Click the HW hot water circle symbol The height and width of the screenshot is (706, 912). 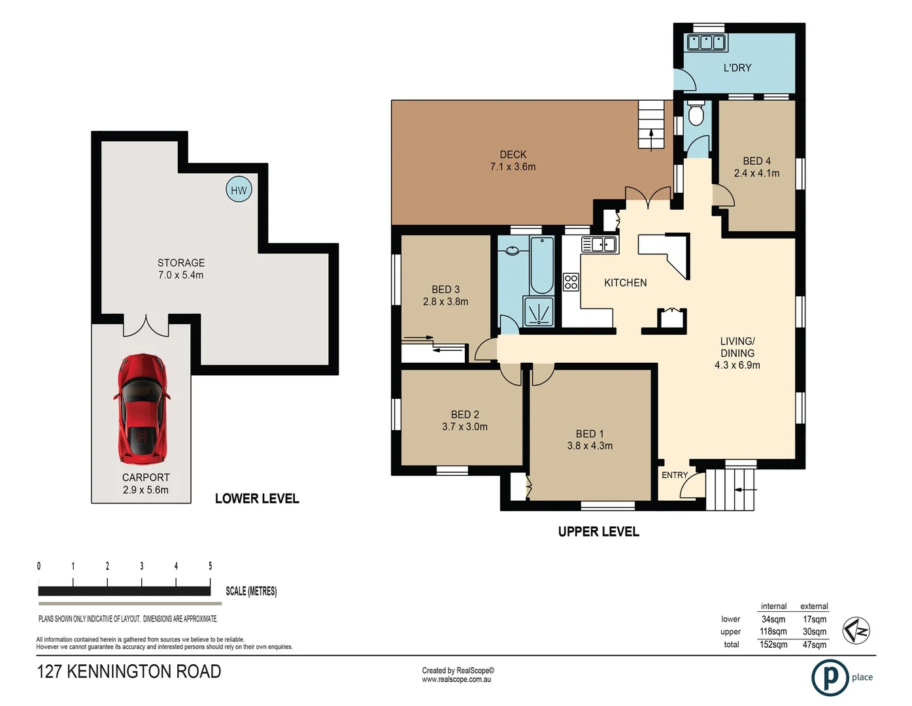point(239,190)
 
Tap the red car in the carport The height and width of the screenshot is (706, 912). point(142,409)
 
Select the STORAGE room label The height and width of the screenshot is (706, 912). point(181,263)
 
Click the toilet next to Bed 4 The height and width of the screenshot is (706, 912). point(696,114)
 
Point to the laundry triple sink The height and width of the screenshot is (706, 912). point(706,42)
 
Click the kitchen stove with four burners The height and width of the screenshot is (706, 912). point(571,282)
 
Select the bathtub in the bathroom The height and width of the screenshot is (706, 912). point(541,265)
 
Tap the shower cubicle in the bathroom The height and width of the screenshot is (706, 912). point(538,312)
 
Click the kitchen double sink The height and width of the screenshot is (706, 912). point(600,245)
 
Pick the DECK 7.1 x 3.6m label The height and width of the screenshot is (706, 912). point(513,161)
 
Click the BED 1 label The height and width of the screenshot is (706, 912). point(590,434)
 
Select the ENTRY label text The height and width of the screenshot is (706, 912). point(675,475)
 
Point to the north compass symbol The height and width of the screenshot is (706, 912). point(856,631)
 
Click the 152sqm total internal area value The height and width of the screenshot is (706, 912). point(773,645)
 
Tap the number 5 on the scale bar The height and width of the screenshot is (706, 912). point(210,566)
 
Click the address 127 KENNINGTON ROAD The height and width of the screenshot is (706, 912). point(129,672)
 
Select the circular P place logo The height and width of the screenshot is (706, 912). point(830,678)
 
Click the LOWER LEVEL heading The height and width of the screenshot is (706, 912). point(257,499)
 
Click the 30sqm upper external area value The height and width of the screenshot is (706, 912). point(815,631)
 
